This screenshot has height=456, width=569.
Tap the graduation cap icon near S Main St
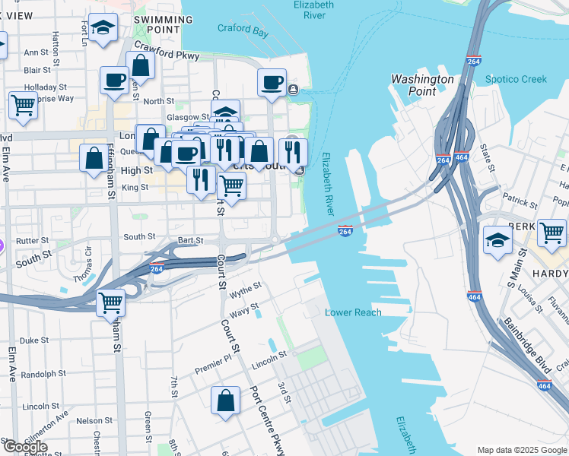pos(497,242)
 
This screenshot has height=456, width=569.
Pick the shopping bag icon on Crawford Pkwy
pos(141,65)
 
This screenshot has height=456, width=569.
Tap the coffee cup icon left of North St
pos(114,80)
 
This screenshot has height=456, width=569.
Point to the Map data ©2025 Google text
pos(521,450)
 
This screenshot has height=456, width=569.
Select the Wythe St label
pos(246,289)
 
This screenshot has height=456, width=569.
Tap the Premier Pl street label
pos(212,365)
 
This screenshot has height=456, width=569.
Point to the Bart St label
pos(190,240)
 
